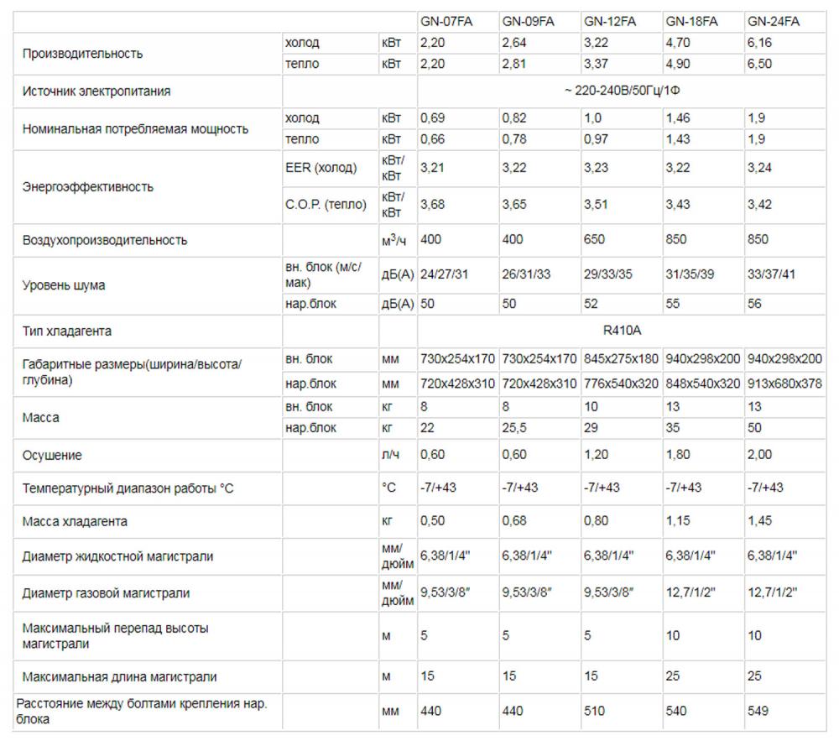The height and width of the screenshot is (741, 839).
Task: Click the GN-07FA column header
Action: [x=446, y=22]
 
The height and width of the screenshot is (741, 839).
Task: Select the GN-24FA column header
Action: [x=774, y=22]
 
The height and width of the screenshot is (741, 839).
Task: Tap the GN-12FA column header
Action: [x=610, y=22]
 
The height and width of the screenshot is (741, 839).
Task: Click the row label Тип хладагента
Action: [x=67, y=331]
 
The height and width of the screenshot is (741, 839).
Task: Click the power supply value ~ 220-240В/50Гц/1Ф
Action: [x=622, y=91]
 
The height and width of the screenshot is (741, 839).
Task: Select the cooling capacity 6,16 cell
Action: [x=760, y=43]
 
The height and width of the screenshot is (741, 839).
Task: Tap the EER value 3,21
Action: [x=431, y=168]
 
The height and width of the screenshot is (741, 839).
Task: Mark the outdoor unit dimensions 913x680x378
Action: [x=784, y=384]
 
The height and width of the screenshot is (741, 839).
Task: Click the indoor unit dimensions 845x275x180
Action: [x=621, y=359]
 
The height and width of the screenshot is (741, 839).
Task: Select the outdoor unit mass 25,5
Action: [x=514, y=428]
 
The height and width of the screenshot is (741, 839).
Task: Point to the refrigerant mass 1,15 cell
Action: [x=678, y=521]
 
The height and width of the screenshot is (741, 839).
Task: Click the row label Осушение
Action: [x=52, y=455]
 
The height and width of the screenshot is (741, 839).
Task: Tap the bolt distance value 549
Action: [x=758, y=711]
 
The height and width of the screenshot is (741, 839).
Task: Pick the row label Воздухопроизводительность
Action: [x=105, y=240]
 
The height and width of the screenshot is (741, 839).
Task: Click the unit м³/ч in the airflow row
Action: [x=393, y=241]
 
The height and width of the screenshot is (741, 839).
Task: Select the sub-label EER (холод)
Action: [x=321, y=168]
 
